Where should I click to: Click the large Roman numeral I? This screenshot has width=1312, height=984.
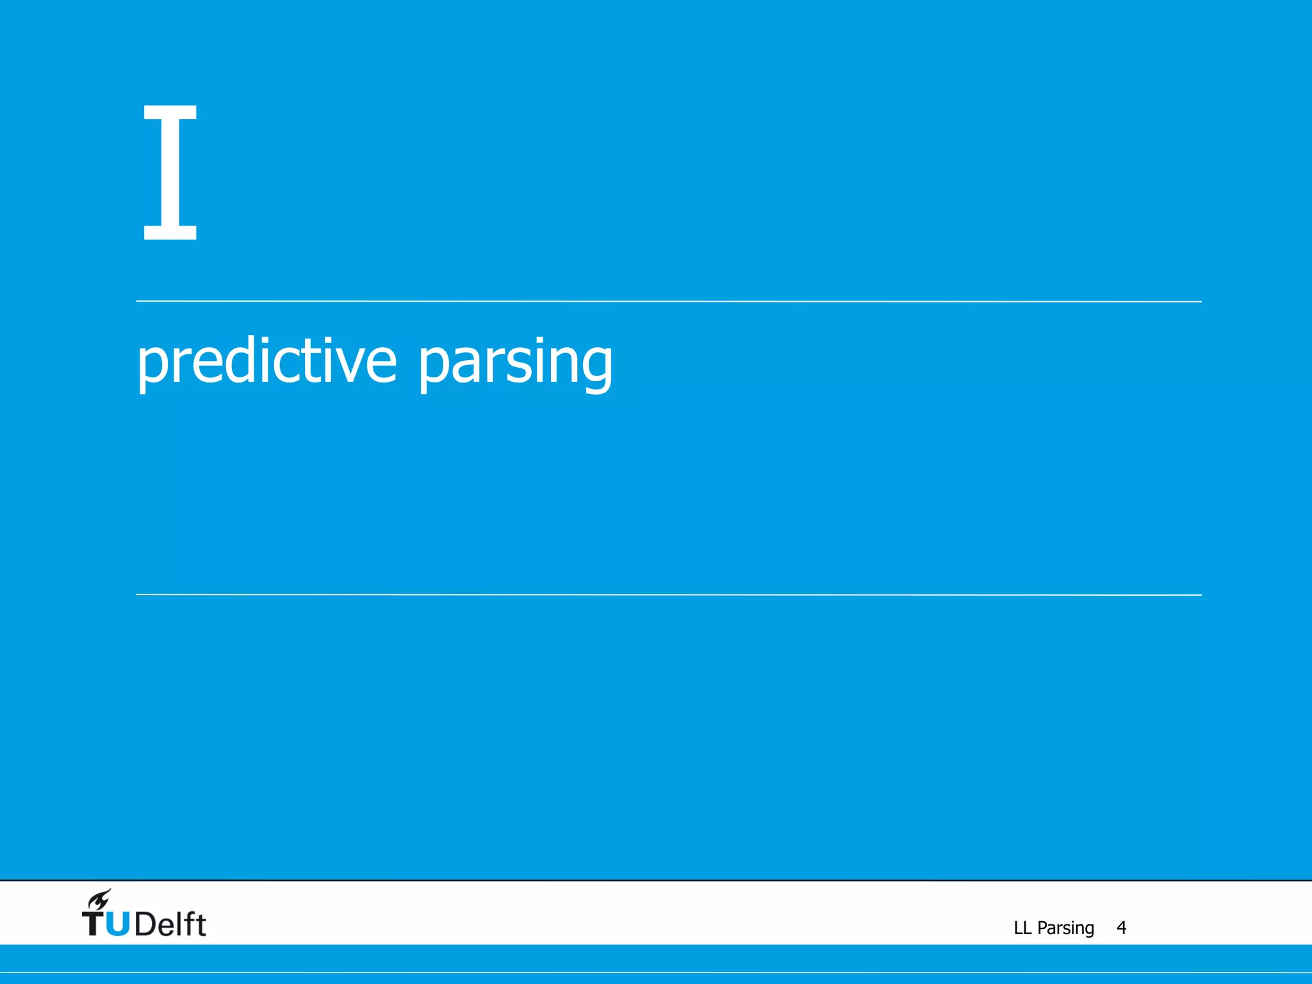tap(170, 172)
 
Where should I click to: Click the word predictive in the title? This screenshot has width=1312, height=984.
tap(266, 362)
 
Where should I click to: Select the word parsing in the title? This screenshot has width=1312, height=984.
tap(516, 363)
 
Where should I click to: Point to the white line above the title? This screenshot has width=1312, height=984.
tap(668, 301)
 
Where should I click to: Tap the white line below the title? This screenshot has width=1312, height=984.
tap(668, 594)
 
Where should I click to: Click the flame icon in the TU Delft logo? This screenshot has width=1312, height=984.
tap(100, 900)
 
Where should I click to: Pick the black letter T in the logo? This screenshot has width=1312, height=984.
tap(93, 924)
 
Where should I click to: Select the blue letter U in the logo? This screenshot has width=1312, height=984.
tap(117, 924)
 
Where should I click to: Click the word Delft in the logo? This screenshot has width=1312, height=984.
tap(170, 924)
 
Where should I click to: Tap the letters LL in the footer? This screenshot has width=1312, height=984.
tap(1022, 928)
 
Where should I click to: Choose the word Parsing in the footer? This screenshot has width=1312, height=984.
tap(1065, 928)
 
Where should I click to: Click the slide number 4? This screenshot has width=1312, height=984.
tap(1121, 928)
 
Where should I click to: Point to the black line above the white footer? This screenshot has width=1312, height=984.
tap(656, 880)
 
